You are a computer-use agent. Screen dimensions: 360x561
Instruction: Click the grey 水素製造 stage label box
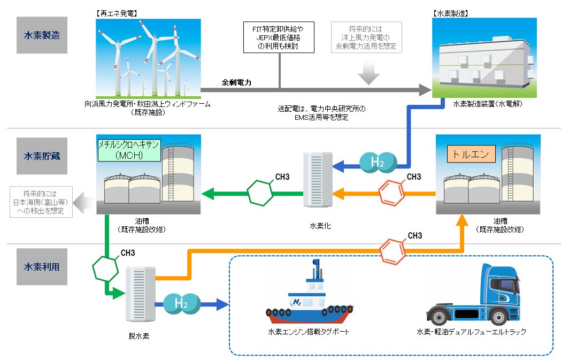(42, 35)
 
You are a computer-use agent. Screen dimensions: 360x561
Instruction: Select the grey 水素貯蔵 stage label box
(42, 156)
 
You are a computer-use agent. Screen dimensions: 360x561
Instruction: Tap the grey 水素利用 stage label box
(42, 266)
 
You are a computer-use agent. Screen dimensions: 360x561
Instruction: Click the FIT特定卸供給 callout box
(279, 37)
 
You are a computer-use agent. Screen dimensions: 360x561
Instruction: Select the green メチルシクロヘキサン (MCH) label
(129, 150)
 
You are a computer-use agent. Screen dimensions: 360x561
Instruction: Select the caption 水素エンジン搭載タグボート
(309, 332)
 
